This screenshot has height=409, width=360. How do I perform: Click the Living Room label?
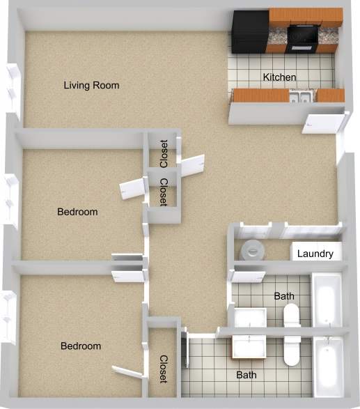point(91,86)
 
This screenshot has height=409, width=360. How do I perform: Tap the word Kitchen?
point(279,77)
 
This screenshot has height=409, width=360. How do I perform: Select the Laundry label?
point(315,254)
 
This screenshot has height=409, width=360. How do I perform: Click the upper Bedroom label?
point(77,212)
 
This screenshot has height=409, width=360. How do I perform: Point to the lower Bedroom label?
point(81,346)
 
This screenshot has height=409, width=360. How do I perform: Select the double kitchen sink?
point(302,97)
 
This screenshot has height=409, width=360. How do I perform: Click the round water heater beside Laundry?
point(250,249)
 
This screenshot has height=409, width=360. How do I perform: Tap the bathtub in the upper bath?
point(326,300)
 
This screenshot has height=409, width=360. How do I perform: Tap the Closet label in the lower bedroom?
point(164,369)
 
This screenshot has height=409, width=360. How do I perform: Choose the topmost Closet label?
point(164,154)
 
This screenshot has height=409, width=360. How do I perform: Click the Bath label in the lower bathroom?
point(246,375)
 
